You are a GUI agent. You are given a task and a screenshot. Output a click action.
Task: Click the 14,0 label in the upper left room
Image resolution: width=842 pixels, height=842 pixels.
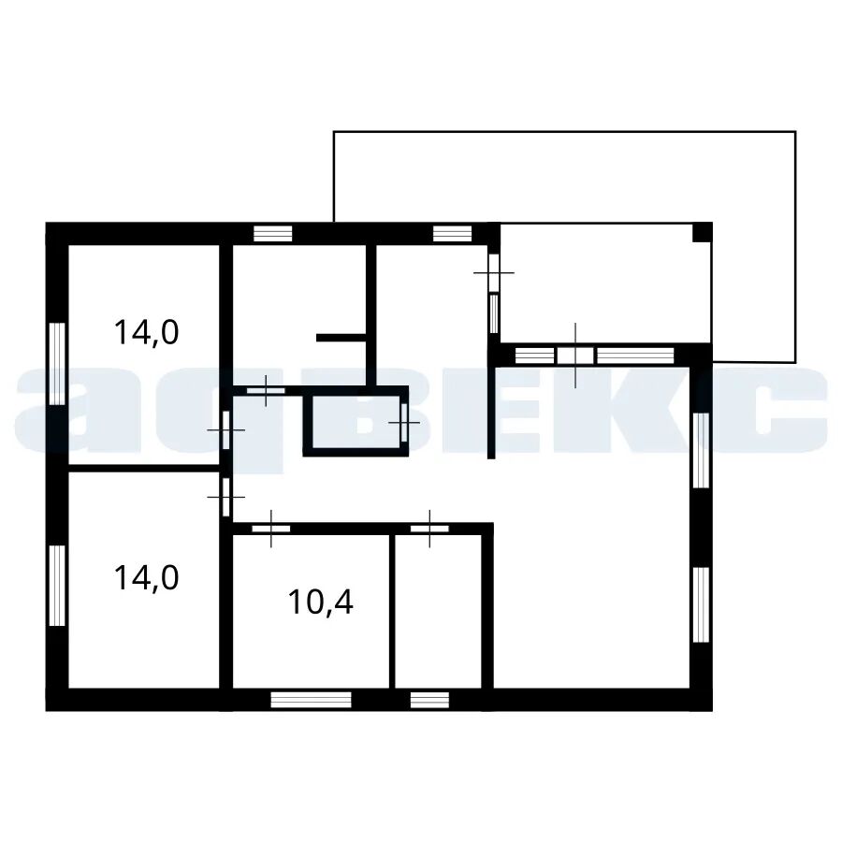pos(146,332)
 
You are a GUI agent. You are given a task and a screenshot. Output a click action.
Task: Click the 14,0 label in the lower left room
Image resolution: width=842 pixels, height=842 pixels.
pos(146,578)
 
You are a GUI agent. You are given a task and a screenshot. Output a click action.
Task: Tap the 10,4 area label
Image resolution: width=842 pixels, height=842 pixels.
pos(321,602)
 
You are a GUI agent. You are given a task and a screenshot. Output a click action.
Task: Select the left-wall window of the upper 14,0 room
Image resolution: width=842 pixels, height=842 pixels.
pos(57,363)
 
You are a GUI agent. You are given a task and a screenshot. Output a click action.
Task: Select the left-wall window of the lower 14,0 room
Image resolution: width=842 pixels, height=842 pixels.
pos(57,586)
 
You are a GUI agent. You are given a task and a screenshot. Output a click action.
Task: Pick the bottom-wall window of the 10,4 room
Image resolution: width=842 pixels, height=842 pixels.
pos(311,700)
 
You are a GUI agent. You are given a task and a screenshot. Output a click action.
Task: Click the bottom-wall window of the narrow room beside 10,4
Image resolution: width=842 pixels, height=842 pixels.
pos(429,700)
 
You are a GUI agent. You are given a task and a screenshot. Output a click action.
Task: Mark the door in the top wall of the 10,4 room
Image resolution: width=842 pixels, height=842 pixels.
pos(271,529)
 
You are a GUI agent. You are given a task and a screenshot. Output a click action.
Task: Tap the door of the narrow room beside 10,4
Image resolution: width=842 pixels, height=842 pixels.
pos(429,529)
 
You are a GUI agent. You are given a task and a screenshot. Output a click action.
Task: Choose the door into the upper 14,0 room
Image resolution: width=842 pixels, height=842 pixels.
pos(226,430)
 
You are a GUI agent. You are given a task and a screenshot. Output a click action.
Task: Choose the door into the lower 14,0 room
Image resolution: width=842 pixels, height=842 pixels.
pos(226,498)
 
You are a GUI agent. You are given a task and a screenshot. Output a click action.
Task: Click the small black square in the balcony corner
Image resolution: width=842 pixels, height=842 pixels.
pos(700,233)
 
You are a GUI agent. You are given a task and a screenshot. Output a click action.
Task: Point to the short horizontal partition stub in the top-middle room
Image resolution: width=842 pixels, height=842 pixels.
pos(341,338)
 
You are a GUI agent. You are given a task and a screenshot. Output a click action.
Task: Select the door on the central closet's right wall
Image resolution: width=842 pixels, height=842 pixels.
pos(404,423)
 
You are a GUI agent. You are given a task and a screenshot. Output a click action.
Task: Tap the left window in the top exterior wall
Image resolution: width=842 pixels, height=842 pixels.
pos(273,234)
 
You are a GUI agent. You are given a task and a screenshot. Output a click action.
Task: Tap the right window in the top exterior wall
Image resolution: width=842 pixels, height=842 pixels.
pos(452,234)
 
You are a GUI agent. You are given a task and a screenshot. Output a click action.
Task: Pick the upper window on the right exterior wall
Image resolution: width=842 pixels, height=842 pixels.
pos(701,450)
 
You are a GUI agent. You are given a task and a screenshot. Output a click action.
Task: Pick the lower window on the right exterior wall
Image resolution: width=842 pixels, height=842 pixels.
pos(701,604)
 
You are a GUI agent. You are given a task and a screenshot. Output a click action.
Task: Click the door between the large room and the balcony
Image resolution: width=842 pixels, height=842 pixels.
pos(575,356)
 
